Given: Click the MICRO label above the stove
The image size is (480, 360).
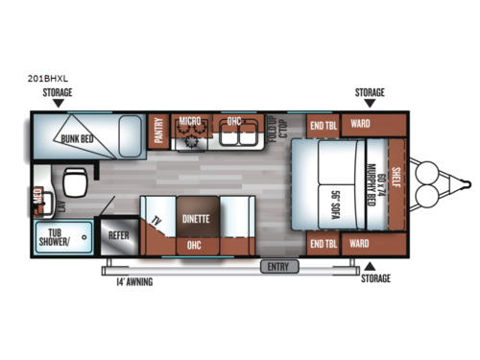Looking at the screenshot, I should coord(187,122).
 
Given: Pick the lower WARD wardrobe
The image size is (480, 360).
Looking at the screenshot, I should coord(360,244).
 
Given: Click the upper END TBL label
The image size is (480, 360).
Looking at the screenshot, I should coord(321,125).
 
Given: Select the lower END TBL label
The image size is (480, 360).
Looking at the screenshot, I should coord(321,244).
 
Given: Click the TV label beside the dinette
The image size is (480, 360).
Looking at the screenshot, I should coord(156,220).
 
